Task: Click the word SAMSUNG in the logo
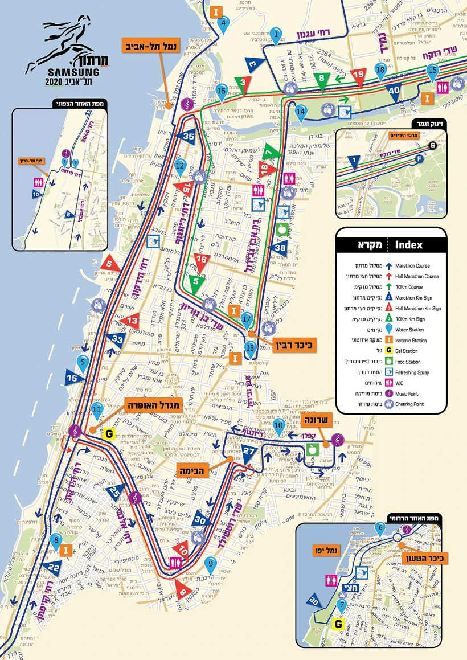[73, 72]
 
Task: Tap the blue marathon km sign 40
[394, 90]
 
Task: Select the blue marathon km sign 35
[189, 136]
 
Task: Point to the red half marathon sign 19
[358, 75]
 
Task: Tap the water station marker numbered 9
[211, 565]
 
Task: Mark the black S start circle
[433, 145]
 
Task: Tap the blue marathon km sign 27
[249, 453]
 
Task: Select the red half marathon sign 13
[133, 321]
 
